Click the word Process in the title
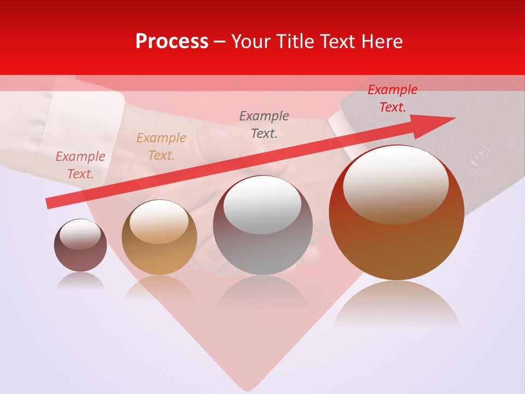tap(172, 42)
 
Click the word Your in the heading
tap(252, 42)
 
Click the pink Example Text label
tap(80, 165)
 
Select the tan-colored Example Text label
tap(161, 147)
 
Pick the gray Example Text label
tap(264, 124)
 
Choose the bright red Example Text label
tap(392, 99)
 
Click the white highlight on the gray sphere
tap(262, 205)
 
